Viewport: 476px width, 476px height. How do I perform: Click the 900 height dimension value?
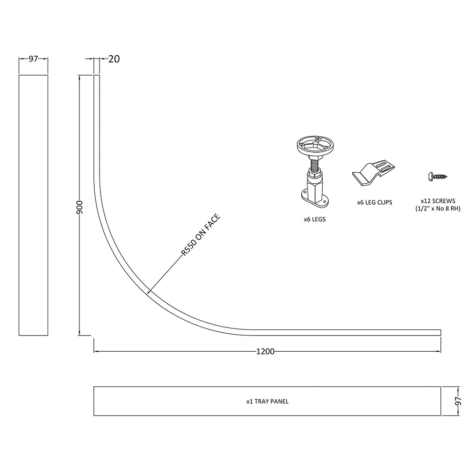[x=79, y=207]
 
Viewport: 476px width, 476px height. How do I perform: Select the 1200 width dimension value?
[x=265, y=352]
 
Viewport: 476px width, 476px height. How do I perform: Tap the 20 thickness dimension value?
[x=114, y=59]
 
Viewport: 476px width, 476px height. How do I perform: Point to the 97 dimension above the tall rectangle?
[x=33, y=59]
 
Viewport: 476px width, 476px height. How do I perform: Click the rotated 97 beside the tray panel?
[x=458, y=401]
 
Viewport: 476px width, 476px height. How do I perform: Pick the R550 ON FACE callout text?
[x=200, y=235]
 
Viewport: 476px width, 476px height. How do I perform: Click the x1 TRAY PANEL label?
[x=268, y=401]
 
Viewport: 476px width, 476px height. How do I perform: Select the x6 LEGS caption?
[x=315, y=219]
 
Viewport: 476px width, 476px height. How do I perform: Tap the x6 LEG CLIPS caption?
[x=375, y=202]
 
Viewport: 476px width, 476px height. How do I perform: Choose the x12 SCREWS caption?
[x=438, y=201]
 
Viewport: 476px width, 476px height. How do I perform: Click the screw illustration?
[x=437, y=176]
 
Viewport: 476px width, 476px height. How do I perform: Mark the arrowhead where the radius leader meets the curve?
[x=149, y=291]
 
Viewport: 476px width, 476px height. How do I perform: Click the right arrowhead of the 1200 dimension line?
[x=438, y=352]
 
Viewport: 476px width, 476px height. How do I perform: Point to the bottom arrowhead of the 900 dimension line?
[x=79, y=333]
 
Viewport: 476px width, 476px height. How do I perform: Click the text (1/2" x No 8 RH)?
[x=438, y=208]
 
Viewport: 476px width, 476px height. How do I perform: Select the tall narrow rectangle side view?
[x=33, y=205]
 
